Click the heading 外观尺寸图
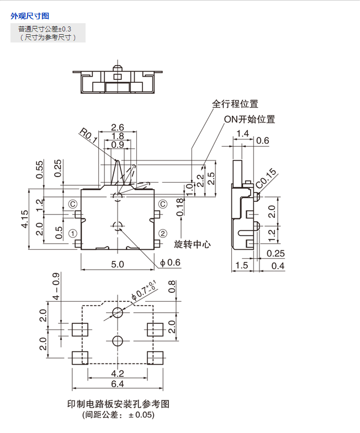[30, 16]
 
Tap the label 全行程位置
[235, 104]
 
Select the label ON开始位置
[250, 119]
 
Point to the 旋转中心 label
[193, 243]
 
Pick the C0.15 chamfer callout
[266, 179]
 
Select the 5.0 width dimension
[117, 265]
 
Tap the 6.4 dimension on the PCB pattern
[117, 383]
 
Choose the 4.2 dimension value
[117, 373]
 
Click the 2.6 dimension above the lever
[117, 127]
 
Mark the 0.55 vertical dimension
[39, 169]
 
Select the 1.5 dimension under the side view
[241, 266]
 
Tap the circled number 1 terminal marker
[72, 232]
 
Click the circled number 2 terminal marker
[163, 232]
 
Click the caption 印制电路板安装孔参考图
[118, 404]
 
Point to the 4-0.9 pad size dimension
[55, 286]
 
